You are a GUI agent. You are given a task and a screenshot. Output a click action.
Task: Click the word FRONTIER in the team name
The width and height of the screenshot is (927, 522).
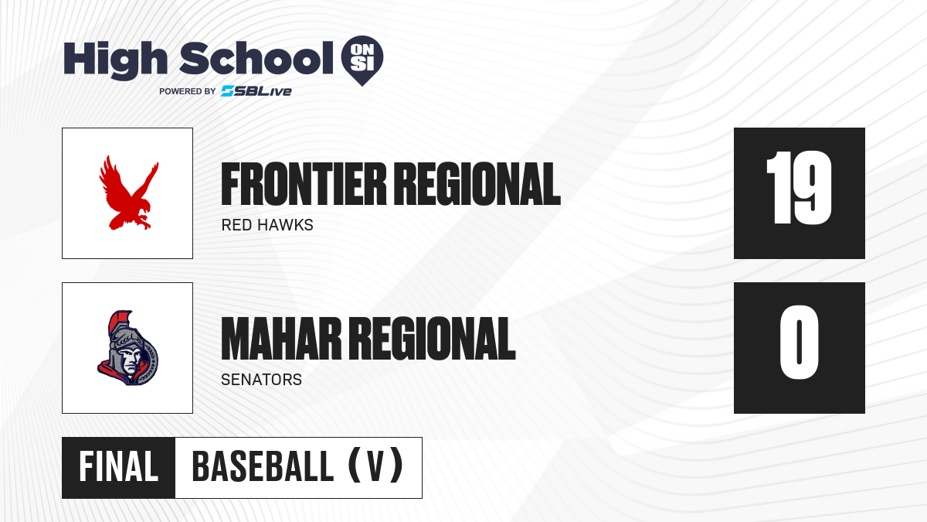point(304,184)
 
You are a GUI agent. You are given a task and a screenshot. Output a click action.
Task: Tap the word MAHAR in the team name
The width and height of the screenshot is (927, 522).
point(281,339)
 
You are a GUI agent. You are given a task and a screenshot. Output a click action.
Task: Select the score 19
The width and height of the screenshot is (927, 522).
point(799,188)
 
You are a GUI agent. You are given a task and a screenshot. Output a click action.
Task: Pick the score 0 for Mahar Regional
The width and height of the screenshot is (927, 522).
point(799,342)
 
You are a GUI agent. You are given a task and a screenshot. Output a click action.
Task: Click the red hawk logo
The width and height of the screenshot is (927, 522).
point(128,193)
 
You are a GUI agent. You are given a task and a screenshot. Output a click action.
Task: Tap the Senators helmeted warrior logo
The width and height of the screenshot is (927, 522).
point(128,348)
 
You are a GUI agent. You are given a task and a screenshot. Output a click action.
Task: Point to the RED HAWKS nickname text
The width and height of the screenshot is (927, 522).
point(267,225)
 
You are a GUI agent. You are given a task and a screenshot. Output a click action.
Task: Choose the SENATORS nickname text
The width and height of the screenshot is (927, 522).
point(262,380)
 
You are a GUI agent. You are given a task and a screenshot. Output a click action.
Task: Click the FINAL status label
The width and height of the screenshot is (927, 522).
point(119,467)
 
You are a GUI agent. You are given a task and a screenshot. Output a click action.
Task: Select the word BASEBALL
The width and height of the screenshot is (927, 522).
point(263,467)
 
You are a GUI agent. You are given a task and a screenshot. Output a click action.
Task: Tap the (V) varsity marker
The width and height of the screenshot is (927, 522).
point(375,467)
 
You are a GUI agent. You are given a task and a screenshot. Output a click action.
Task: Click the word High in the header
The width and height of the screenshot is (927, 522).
point(115,60)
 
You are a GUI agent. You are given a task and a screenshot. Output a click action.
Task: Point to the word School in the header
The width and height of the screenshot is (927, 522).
point(256,58)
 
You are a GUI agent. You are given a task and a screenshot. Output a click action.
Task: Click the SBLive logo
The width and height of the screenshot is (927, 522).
point(256,91)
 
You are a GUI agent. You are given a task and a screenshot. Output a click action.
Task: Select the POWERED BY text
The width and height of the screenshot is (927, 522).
point(188,91)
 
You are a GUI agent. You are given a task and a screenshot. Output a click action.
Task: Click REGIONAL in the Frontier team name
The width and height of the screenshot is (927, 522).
point(477,184)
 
